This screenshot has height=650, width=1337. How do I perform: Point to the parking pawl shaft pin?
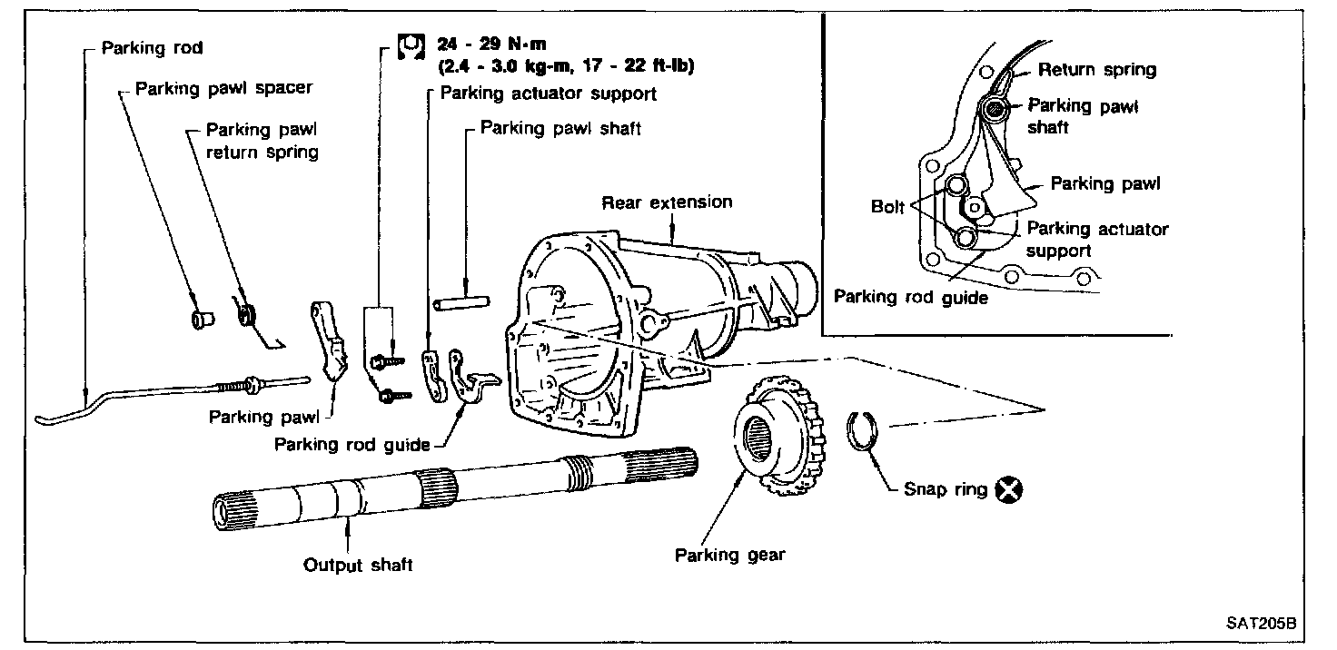463,300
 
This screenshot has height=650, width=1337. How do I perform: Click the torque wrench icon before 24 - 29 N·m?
410,45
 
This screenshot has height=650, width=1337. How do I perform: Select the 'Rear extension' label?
667,202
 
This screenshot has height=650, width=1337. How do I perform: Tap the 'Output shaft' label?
358,565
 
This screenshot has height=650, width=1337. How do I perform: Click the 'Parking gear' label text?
729,555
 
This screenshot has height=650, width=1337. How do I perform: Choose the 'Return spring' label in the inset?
1097,69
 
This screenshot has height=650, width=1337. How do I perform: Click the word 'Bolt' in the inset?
887,207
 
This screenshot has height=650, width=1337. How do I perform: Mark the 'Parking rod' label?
153,47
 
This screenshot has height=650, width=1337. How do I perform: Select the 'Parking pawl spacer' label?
223,88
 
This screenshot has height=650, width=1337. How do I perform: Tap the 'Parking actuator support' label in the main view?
548,93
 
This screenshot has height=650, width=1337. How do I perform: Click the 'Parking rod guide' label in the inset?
910,297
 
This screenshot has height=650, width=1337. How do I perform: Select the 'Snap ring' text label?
945,489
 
